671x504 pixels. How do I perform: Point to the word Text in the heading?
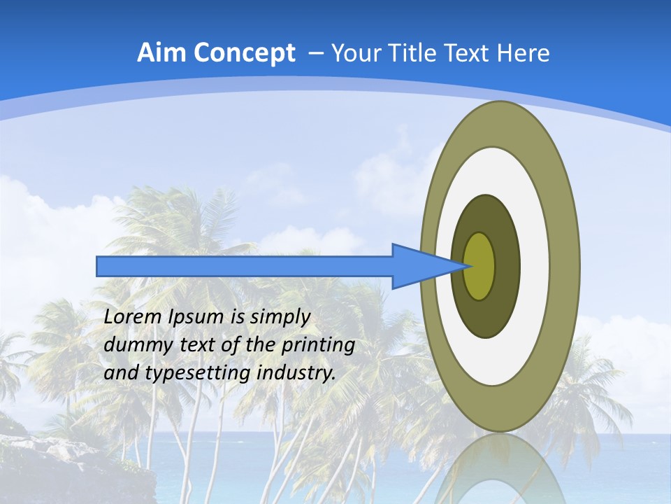point(468,53)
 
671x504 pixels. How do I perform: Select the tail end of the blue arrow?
point(98,266)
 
